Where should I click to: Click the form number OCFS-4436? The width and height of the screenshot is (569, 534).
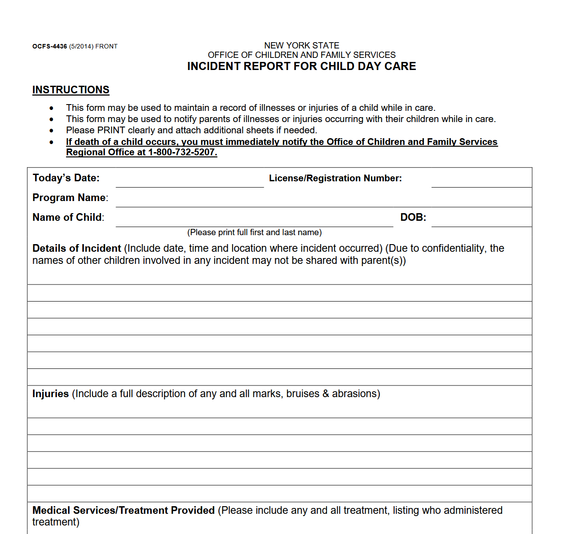(x=49, y=46)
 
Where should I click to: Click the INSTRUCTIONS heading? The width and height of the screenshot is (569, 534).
(x=71, y=90)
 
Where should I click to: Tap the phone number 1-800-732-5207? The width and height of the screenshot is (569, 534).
(x=182, y=152)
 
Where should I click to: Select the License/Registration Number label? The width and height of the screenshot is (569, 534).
(x=335, y=178)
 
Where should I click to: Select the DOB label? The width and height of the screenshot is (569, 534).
(x=413, y=217)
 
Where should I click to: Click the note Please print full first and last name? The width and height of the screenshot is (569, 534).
(x=254, y=232)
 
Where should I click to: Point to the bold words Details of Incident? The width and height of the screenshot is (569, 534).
(x=77, y=248)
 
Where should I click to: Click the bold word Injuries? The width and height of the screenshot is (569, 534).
(x=50, y=394)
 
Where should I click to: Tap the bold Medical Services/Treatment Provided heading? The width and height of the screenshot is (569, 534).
(x=124, y=510)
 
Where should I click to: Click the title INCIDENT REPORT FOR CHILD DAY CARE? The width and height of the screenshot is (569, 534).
(x=301, y=66)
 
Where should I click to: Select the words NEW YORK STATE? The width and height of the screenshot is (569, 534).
(x=301, y=45)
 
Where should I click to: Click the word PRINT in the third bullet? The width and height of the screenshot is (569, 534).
(x=111, y=130)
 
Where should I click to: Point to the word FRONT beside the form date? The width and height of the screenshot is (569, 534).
(x=106, y=46)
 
